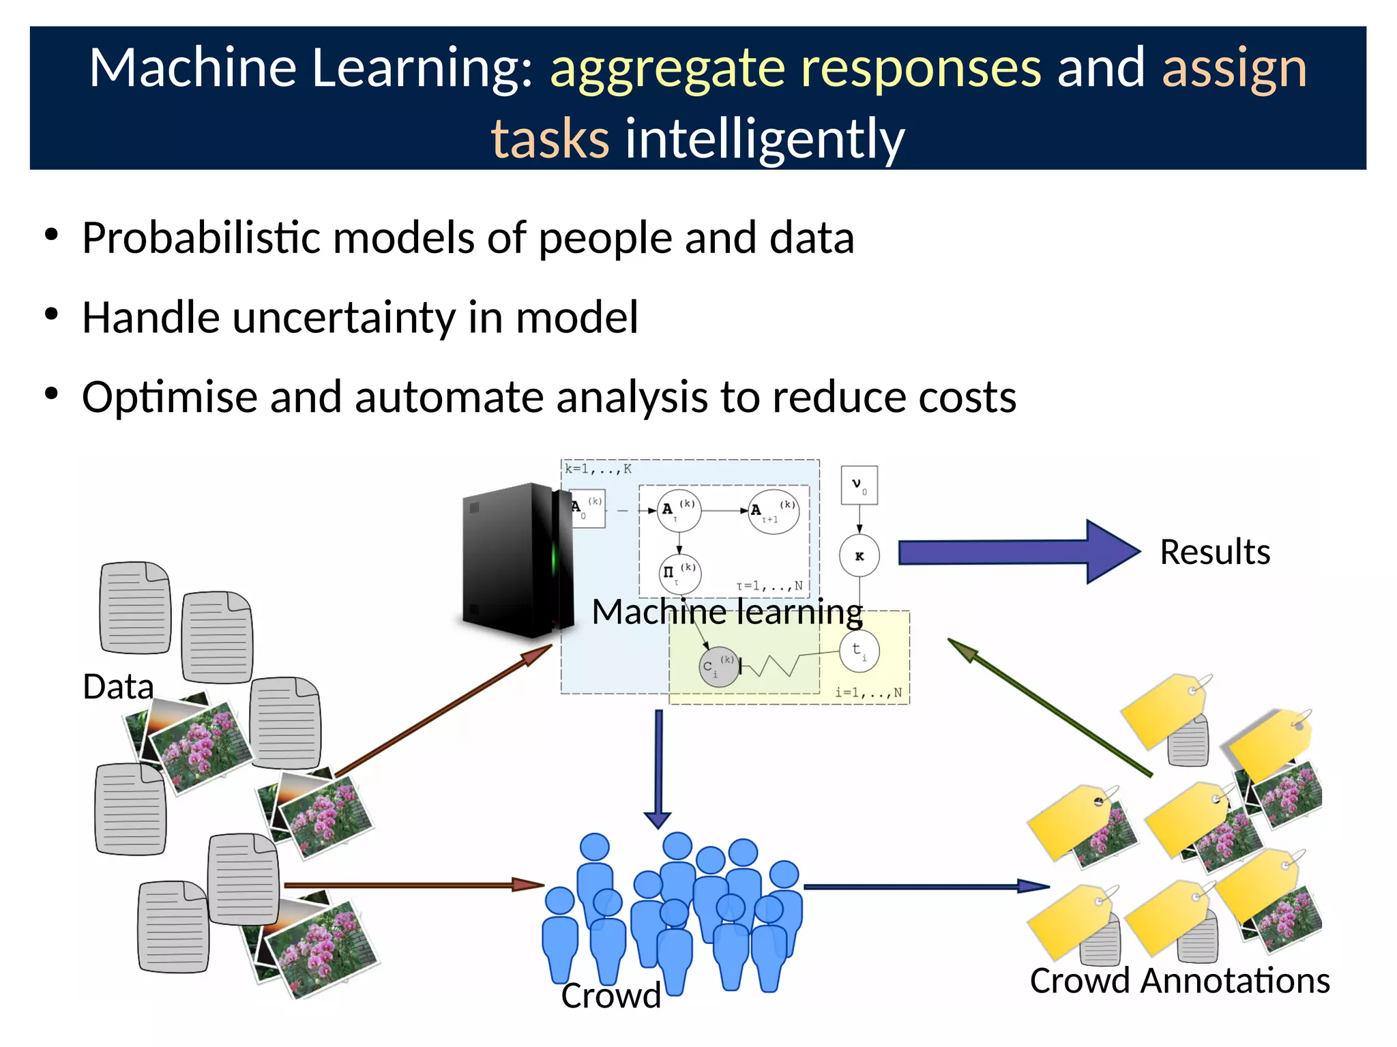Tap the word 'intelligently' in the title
pyautogui.click(x=765, y=138)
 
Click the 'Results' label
pyautogui.click(x=1215, y=552)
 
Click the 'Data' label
pyautogui.click(x=118, y=686)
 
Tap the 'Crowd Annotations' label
pyautogui.click(x=1179, y=981)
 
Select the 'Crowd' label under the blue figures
pyautogui.click(x=611, y=995)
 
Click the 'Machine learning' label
pyautogui.click(x=727, y=612)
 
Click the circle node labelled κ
pyautogui.click(x=859, y=556)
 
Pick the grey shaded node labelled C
pyautogui.click(x=718, y=666)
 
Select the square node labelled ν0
pyautogui.click(x=859, y=485)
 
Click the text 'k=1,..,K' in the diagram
pyautogui.click(x=598, y=469)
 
